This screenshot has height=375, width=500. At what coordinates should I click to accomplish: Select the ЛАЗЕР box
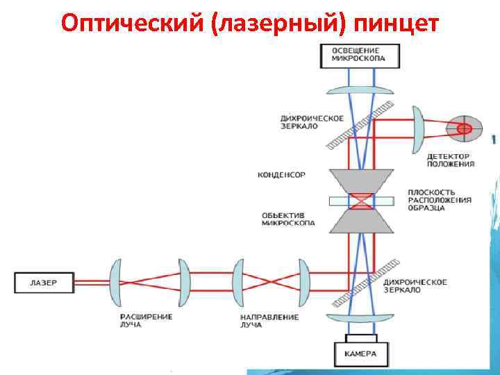(x=44, y=283)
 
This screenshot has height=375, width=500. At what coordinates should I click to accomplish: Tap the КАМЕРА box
(x=359, y=353)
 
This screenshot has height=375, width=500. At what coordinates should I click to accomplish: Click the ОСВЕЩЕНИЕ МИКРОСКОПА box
(x=359, y=56)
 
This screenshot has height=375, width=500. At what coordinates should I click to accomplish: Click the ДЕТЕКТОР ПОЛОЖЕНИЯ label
(x=449, y=160)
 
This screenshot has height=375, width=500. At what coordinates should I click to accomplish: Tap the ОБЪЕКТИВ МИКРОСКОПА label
(x=287, y=219)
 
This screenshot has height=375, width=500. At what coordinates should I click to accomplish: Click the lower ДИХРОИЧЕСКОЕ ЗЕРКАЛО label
(x=415, y=286)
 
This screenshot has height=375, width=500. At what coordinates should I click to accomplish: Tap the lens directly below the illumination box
(x=359, y=90)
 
